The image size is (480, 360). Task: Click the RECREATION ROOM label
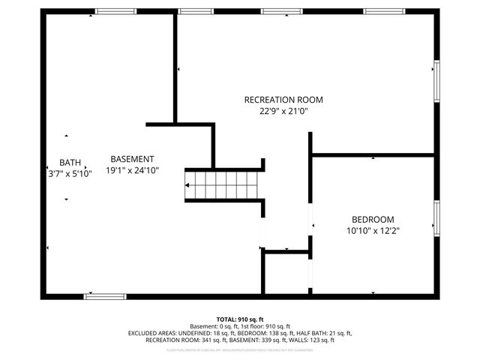tap(283, 100)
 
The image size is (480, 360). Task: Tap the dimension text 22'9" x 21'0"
tap(283, 111)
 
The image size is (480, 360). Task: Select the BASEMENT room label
tap(132, 159)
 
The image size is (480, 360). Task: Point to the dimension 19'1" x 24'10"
tap(132, 170)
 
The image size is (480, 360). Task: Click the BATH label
tap(70, 163)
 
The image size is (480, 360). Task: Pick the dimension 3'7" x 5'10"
tap(70, 173)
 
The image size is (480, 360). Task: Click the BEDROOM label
tap(373, 219)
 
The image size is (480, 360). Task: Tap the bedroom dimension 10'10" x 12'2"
tap(373, 230)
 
